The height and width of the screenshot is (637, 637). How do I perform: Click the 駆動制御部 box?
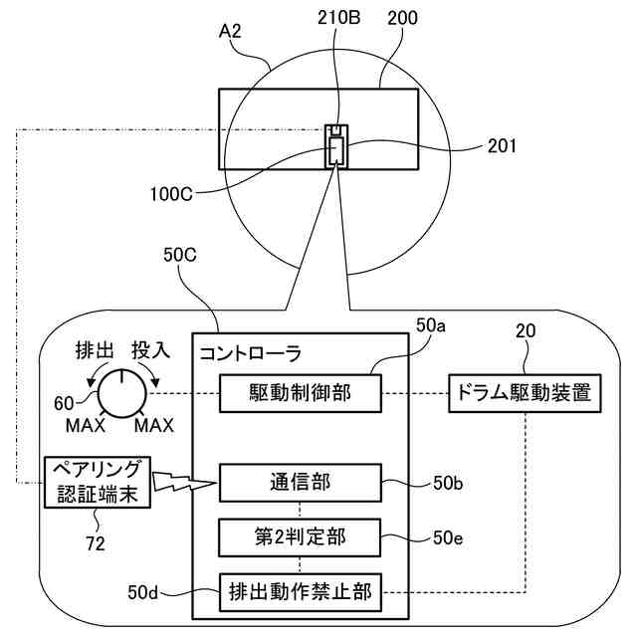click(x=300, y=393)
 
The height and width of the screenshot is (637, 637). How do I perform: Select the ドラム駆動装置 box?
click(x=525, y=392)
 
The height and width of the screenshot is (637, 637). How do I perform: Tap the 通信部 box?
click(x=300, y=485)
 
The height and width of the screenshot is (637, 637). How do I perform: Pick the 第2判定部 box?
click(x=300, y=538)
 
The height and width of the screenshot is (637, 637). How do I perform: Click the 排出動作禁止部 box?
click(x=300, y=593)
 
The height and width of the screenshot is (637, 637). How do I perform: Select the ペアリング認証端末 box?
click(x=97, y=482)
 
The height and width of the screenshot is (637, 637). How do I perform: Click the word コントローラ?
click(x=251, y=352)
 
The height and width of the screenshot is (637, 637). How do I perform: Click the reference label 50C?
click(x=179, y=255)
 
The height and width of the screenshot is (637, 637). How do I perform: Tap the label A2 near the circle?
click(x=231, y=32)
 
